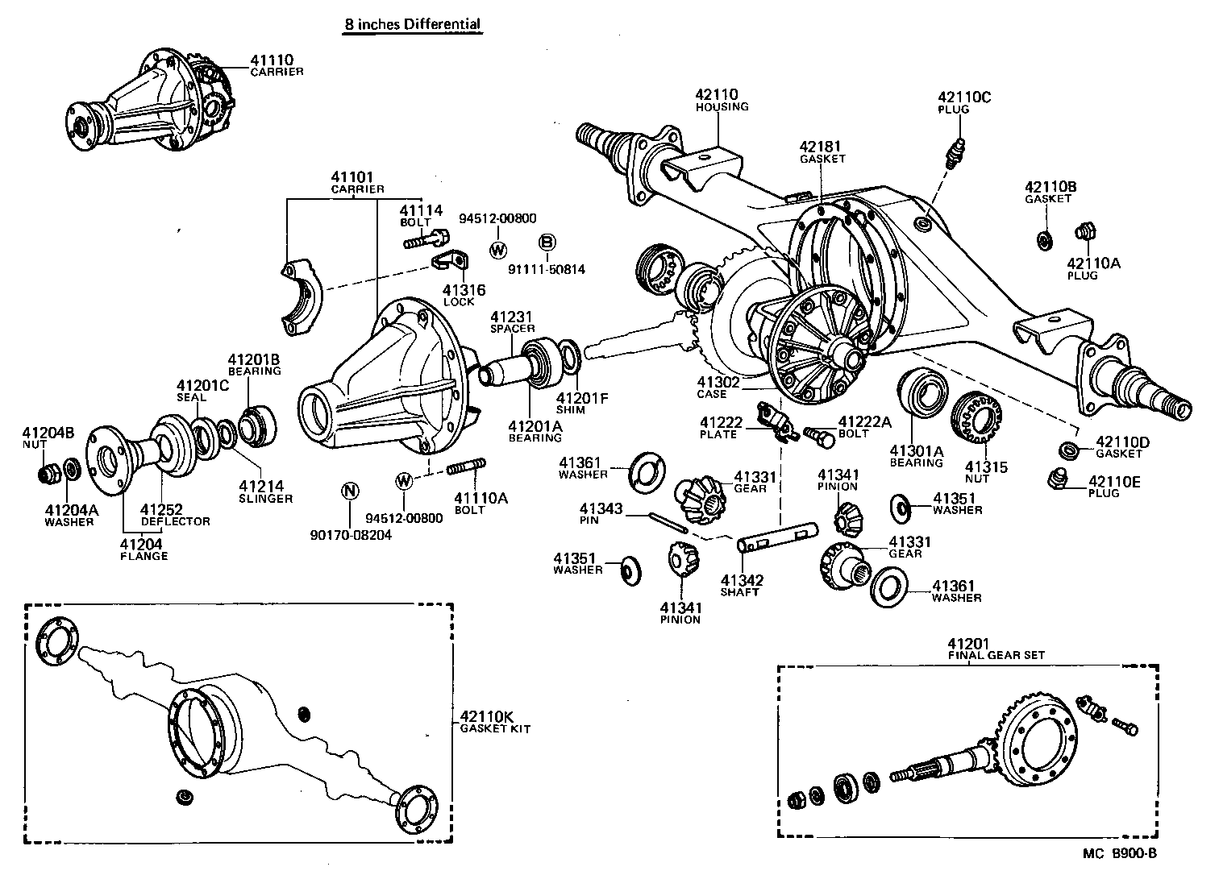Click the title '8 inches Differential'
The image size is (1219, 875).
[412, 24]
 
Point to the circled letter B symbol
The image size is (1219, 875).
[547, 241]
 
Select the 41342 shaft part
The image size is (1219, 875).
[778, 537]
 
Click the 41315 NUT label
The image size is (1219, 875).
[976, 473]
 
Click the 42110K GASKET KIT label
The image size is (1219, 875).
[494, 721]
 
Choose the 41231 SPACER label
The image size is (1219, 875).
[512, 322]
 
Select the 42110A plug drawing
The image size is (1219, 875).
[1084, 233]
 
